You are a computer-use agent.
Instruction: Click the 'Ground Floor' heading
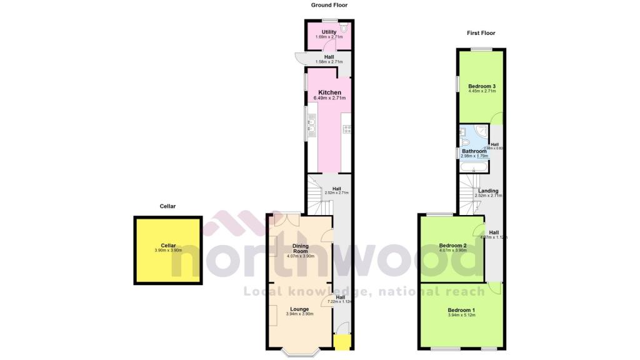click(x=329, y=5)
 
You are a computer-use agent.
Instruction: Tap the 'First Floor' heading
click(x=481, y=32)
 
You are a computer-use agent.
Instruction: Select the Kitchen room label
click(x=329, y=92)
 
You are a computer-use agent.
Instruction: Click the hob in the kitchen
click(x=347, y=129)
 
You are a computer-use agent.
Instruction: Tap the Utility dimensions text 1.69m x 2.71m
click(x=329, y=37)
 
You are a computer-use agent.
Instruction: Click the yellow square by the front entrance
click(x=341, y=342)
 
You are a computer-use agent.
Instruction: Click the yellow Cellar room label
click(x=168, y=246)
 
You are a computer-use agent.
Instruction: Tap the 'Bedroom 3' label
click(x=482, y=86)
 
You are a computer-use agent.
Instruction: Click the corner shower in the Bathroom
click(x=481, y=132)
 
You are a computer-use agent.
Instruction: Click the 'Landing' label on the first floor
click(x=488, y=191)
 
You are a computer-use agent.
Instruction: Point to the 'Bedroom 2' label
click(x=453, y=246)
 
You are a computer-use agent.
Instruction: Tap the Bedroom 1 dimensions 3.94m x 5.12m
click(x=461, y=316)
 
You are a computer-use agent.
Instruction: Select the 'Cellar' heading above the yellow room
click(x=167, y=206)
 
